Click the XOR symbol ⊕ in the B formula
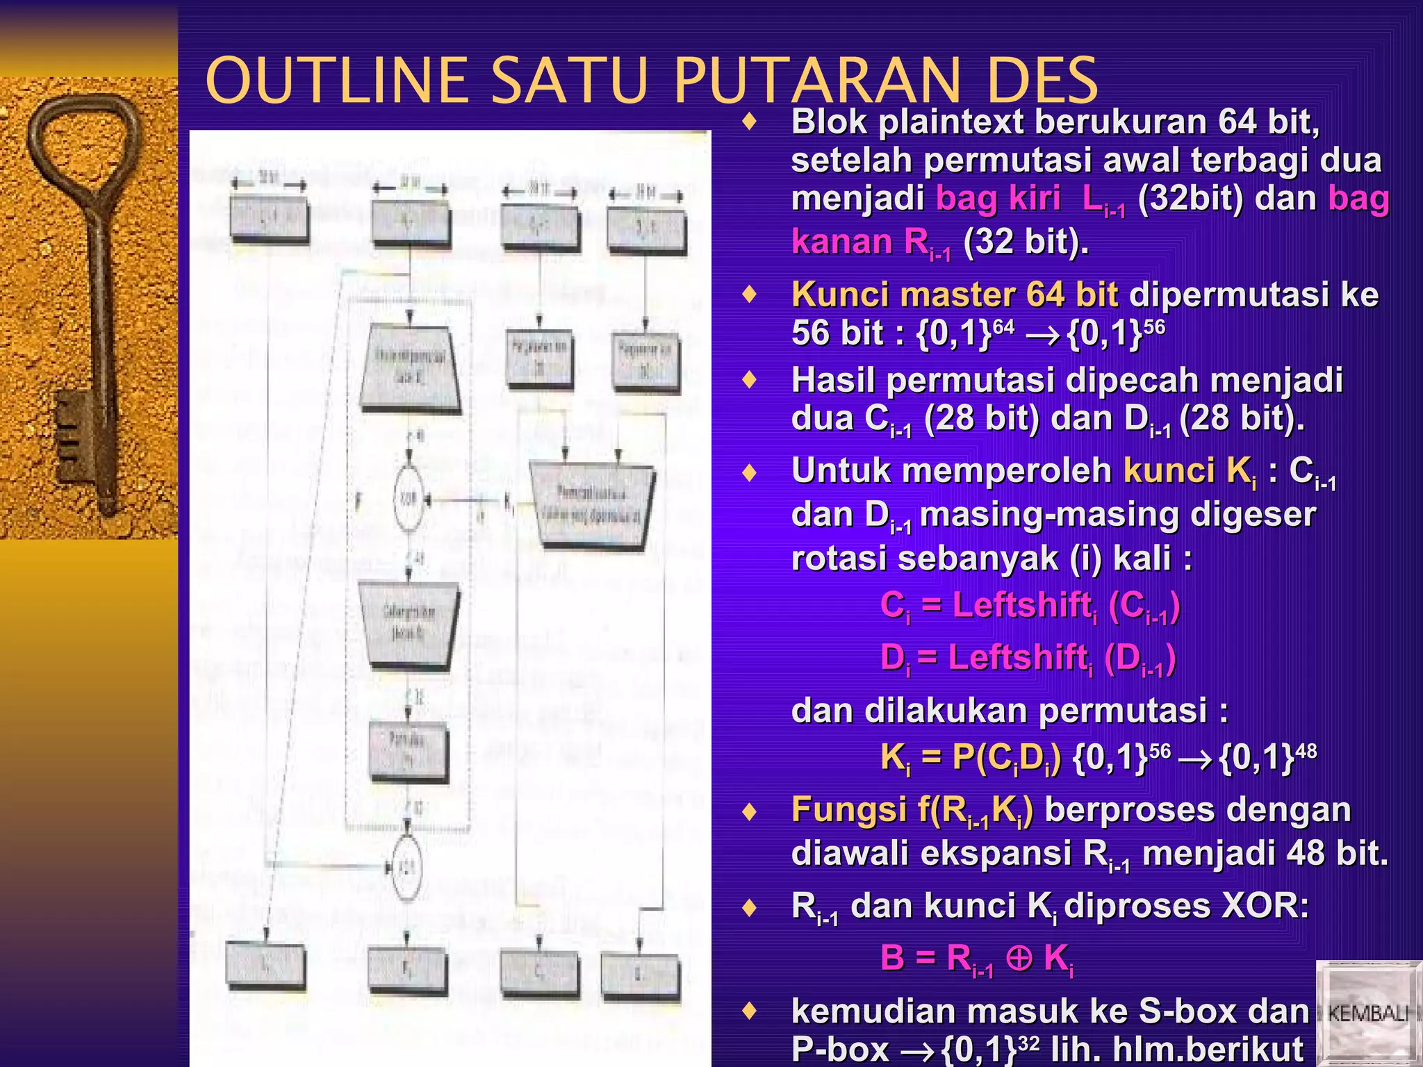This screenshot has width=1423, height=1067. (1019, 958)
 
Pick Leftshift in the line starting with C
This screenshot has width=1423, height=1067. (1021, 604)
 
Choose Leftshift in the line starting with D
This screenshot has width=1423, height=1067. (1017, 656)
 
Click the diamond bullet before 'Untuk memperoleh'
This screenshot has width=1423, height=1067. (749, 473)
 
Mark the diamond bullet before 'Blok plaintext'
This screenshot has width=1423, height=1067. (749, 123)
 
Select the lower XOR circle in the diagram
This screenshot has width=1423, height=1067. (406, 867)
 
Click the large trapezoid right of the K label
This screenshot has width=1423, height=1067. (592, 505)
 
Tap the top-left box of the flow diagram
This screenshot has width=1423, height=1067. (269, 219)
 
